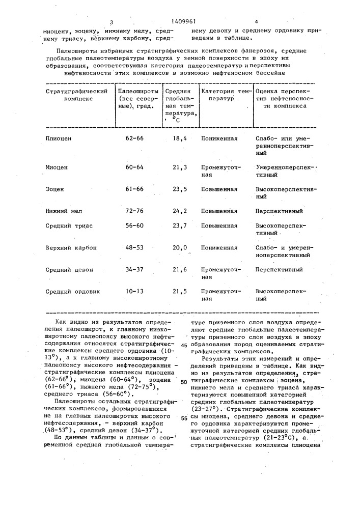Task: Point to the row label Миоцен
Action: tap(57, 166)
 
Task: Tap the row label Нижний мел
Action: tap(64, 211)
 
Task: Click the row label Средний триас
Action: tap(69, 225)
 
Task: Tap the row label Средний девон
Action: tap(68, 270)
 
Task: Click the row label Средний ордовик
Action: tap(73, 292)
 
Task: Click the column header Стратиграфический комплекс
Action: tap(76, 95)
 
